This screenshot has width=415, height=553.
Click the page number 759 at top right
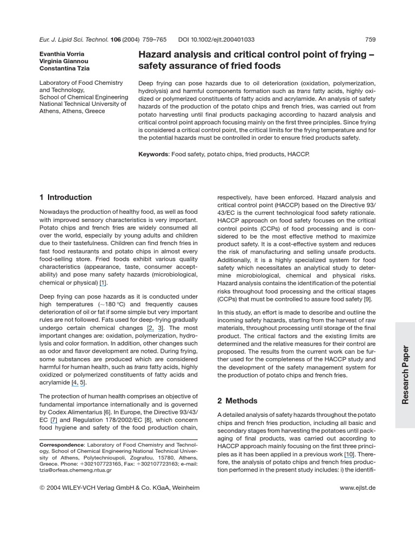click(x=370, y=39)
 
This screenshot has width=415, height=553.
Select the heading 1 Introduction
click(x=66, y=197)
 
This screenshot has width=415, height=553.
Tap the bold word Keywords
click(x=153, y=154)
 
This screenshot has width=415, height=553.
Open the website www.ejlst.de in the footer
click(x=358, y=488)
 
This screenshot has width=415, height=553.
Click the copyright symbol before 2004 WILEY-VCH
click(x=43, y=488)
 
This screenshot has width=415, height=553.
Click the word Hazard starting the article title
click(x=157, y=55)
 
